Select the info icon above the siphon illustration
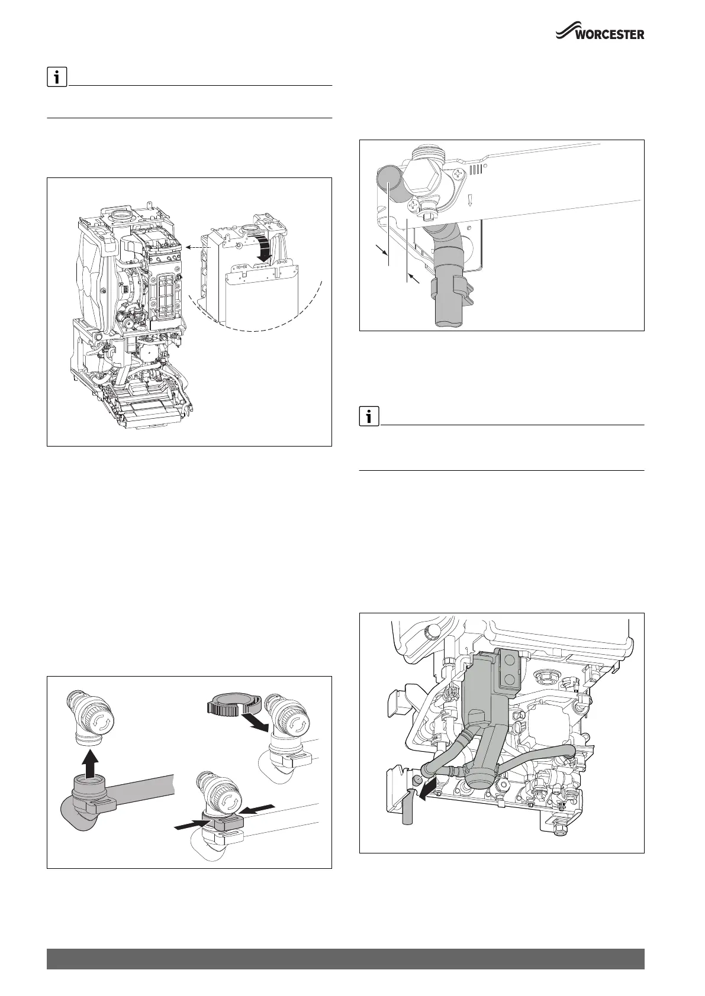tap(369, 417)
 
